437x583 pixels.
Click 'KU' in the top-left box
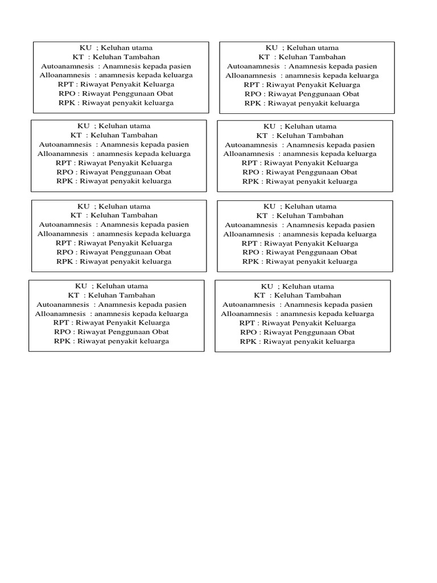(x=83, y=48)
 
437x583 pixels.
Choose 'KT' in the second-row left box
(x=76, y=136)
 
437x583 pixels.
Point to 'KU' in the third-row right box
(x=269, y=207)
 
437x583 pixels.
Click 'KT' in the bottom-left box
(x=74, y=295)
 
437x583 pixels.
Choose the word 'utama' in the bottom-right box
(x=322, y=287)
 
